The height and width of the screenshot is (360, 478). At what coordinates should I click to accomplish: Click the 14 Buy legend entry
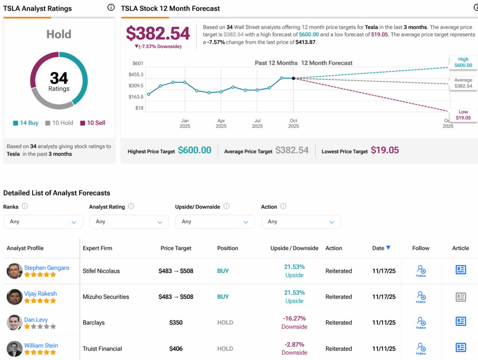[26, 123]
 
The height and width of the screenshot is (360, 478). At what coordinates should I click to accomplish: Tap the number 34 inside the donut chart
[59, 78]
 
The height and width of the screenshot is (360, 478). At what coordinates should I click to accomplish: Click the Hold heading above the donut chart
[59, 34]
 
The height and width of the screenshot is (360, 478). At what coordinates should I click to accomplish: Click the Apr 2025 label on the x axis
[221, 123]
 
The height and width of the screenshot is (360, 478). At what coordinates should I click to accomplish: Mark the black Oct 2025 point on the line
[293, 78]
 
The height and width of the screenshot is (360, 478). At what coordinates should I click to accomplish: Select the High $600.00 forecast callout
[463, 62]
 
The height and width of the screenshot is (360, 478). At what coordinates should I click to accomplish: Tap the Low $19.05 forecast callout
[463, 115]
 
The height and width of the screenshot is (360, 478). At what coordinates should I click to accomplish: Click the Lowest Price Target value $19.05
[385, 150]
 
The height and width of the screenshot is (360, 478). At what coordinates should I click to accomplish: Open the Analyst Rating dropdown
[129, 222]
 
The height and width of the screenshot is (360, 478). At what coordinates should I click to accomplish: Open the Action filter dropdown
[301, 222]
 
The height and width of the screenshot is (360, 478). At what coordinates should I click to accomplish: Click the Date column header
[381, 248]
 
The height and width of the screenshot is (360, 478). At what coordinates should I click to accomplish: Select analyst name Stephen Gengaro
[47, 268]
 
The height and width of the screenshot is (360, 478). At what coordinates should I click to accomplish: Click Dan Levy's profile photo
[14, 323]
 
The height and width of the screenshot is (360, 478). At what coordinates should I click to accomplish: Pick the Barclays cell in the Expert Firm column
[94, 323]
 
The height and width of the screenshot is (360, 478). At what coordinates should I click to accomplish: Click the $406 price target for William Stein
[176, 348]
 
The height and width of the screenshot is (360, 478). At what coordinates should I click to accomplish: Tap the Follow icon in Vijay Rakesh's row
[421, 296]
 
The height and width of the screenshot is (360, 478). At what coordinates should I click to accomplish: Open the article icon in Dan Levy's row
[461, 322]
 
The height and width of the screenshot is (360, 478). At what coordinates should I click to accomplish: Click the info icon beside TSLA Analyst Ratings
[111, 7]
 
